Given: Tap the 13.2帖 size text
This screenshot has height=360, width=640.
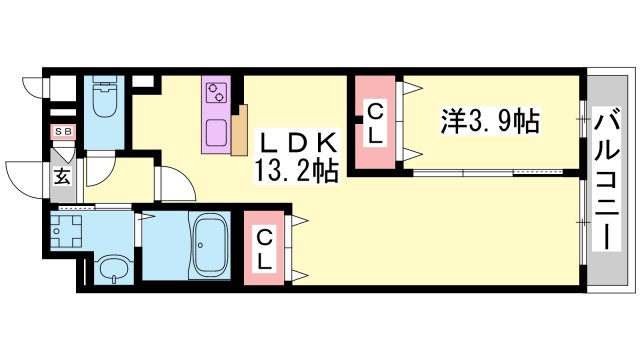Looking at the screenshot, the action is click(x=297, y=171).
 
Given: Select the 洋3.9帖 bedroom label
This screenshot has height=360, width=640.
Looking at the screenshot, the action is click(x=490, y=121).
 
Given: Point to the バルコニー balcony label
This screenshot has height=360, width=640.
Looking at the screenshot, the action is click(x=607, y=178).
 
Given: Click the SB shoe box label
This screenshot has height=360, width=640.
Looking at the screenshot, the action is click(x=63, y=131).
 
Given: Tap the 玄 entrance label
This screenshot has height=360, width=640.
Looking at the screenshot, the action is click(x=62, y=177).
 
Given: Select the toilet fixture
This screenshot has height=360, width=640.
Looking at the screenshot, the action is click(x=104, y=97).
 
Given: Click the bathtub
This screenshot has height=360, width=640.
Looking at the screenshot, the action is click(x=209, y=245).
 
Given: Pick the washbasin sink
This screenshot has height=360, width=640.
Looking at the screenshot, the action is click(x=113, y=267).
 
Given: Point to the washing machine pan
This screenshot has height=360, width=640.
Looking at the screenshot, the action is click(x=66, y=231).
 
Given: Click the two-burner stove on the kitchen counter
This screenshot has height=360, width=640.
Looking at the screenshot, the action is click(x=217, y=93).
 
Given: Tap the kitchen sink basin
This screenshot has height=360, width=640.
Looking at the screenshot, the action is click(x=216, y=133).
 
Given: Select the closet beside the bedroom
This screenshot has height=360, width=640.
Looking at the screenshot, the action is click(x=375, y=122).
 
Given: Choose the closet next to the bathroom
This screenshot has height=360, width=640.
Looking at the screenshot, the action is click(x=264, y=248).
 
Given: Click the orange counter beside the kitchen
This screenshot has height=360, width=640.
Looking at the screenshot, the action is click(x=240, y=130).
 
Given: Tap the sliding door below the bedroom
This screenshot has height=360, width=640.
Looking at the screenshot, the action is click(x=488, y=173).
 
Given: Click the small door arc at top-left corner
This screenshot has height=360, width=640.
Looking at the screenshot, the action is click(x=32, y=85).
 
